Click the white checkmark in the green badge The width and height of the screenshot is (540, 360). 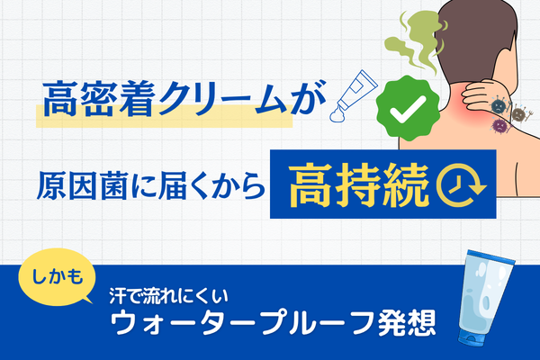coord(408,109)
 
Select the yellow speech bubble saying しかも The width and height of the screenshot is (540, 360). coord(56,277)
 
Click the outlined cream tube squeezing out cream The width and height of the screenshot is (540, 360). coord(354,95)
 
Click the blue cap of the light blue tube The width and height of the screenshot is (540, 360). coord(471,337)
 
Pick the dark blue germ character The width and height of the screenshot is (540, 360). coord(498,106)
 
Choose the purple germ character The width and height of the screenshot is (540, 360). coord(499,126)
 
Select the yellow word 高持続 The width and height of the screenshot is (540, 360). coord(359,185)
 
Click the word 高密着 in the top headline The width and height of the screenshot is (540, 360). coord(98,98)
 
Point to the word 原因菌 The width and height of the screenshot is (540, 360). coord(82,185)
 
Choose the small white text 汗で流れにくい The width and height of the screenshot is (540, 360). coord(169,297)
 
